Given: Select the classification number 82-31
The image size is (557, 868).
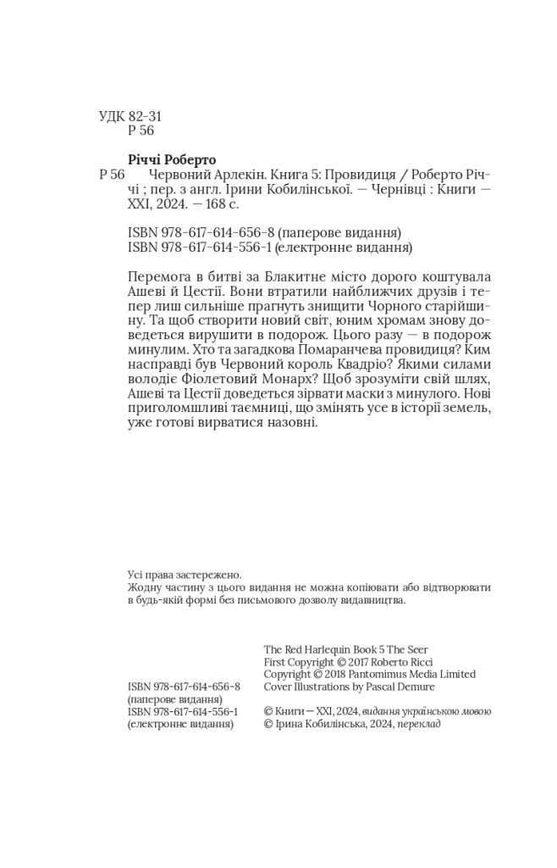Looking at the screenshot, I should point(146,116).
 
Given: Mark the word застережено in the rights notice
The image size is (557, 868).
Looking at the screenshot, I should point(199,573).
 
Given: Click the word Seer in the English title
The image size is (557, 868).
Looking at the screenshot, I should point(418,650).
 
